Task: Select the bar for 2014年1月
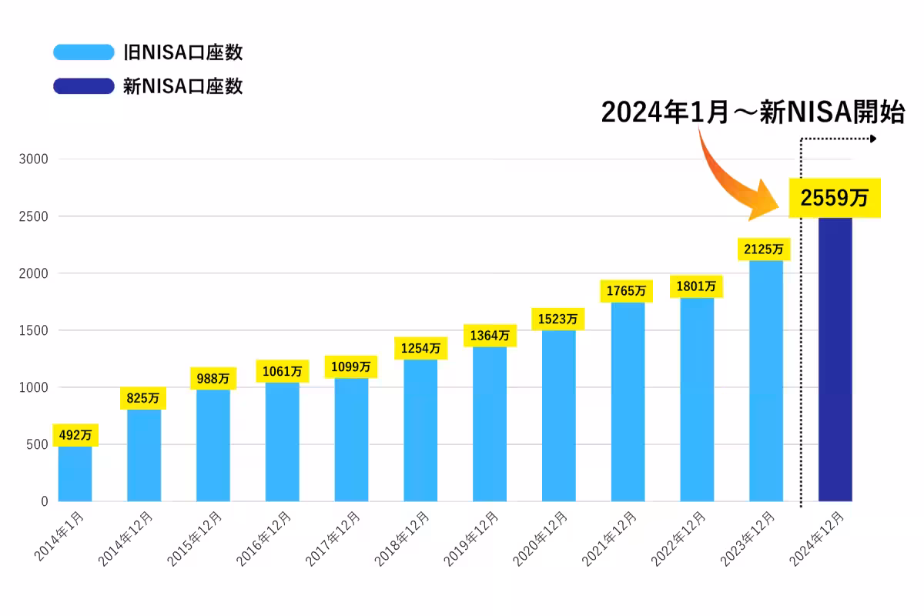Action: click(75, 473)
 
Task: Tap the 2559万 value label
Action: click(834, 198)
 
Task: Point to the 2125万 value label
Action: click(764, 249)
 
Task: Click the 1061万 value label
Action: click(282, 371)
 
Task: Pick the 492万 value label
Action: click(75, 435)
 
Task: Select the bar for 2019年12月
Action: click(490, 423)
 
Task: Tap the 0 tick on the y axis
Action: click(44, 501)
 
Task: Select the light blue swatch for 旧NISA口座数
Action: click(83, 52)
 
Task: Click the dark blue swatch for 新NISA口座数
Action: click(83, 85)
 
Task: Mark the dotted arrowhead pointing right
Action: click(872, 139)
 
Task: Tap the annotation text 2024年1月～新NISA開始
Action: click(752, 112)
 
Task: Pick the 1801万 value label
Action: click(695, 286)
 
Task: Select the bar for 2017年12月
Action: click(351, 439)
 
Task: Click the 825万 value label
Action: click(144, 398)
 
